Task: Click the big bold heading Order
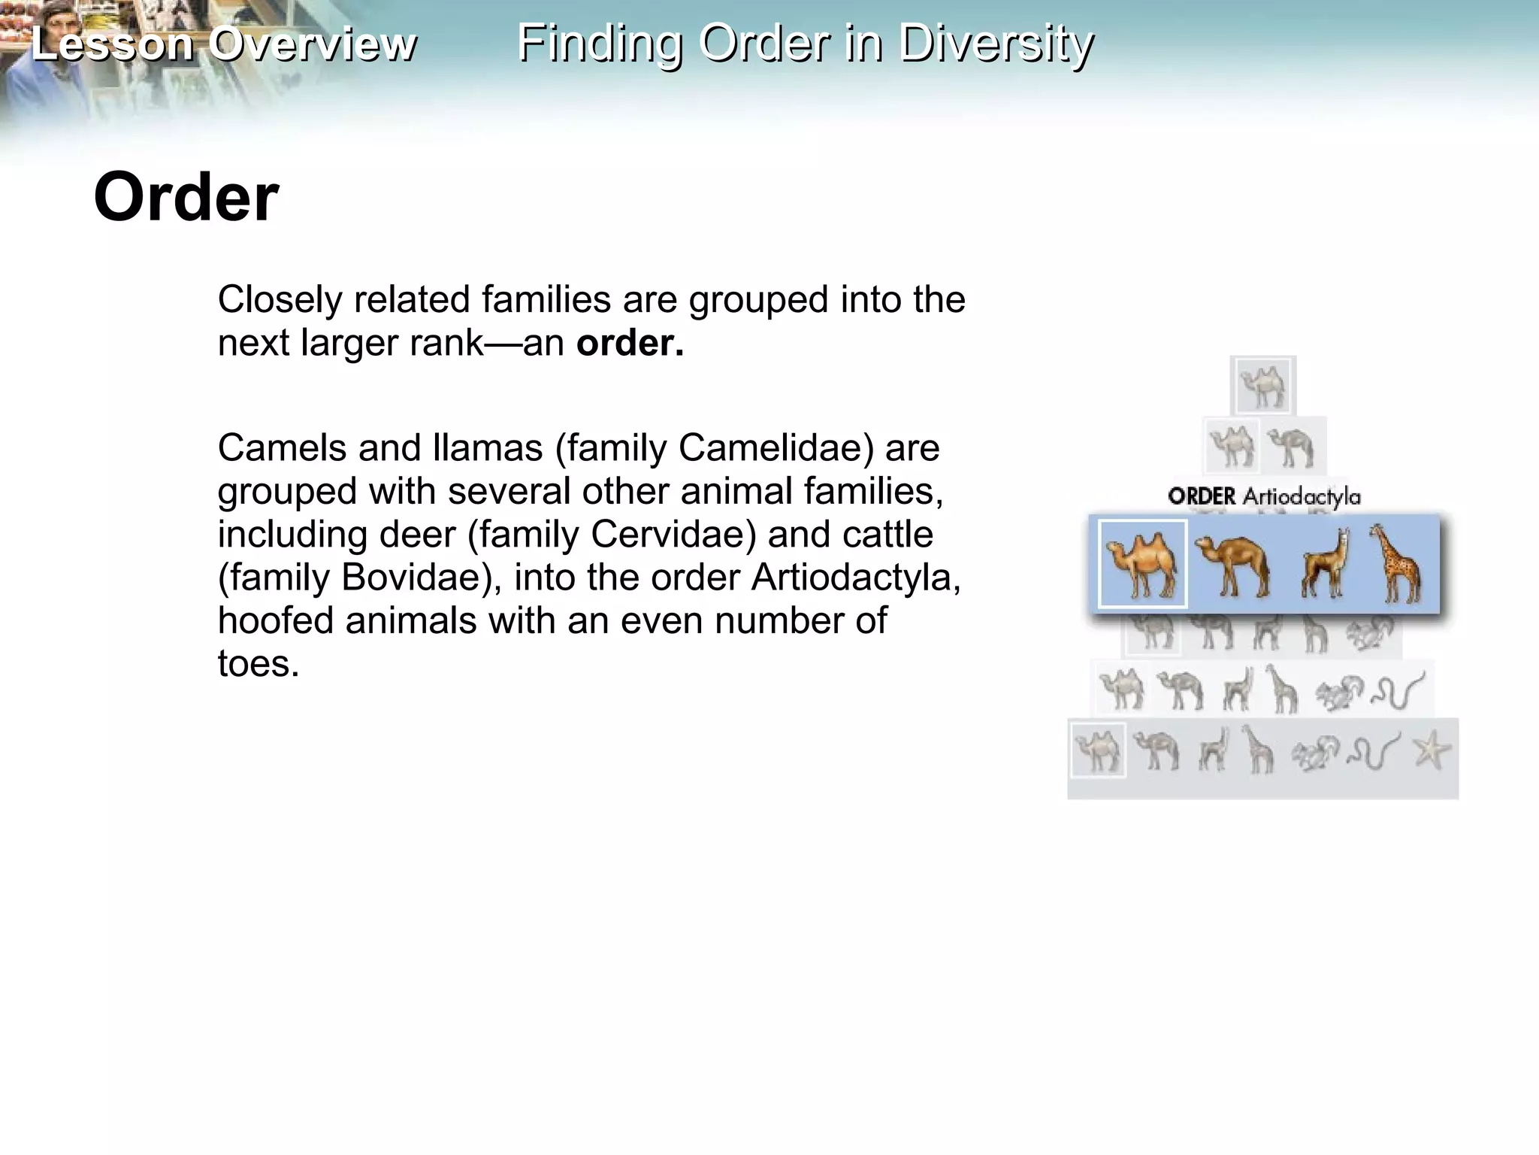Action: [x=186, y=197]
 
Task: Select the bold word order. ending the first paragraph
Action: [x=630, y=343]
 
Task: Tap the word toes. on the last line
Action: [x=259, y=664]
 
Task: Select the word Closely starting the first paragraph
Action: [x=280, y=299]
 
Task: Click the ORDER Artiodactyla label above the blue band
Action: [x=1264, y=496]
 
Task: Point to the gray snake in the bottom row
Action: [x=1374, y=751]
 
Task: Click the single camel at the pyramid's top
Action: [x=1263, y=386]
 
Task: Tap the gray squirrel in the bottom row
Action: [x=1316, y=753]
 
